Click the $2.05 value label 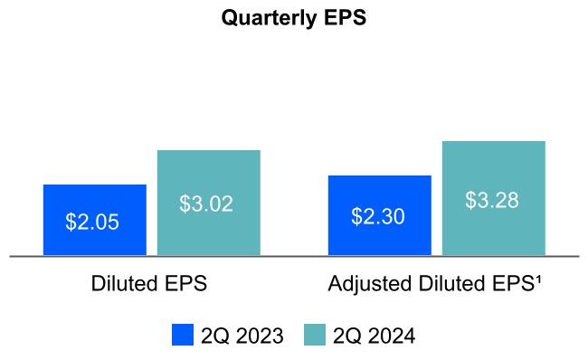click(x=94, y=223)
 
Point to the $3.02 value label click(x=206, y=204)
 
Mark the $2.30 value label click(x=378, y=217)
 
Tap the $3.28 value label click(x=492, y=200)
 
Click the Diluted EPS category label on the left click(x=149, y=283)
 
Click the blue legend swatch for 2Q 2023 click(x=183, y=336)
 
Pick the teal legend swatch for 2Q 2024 click(x=315, y=336)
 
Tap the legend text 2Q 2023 click(x=242, y=336)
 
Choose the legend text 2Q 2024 click(x=374, y=336)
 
